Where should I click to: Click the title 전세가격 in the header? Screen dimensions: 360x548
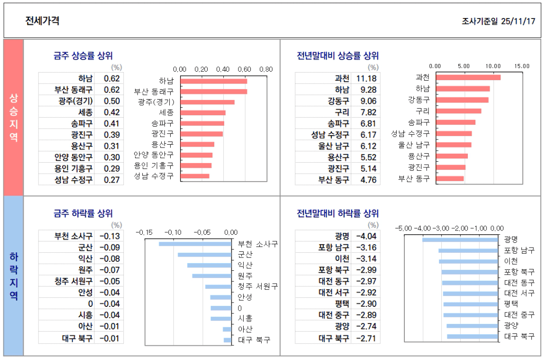click(x=42, y=21)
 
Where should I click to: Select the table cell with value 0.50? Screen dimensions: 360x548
click(x=112, y=101)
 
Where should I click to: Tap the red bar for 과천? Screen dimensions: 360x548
click(x=468, y=77)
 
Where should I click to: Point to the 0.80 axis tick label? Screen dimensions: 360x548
click(x=266, y=69)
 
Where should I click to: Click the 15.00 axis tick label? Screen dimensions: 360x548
click(x=521, y=66)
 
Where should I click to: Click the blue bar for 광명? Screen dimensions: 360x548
click(x=460, y=240)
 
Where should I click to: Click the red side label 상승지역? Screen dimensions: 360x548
click(x=13, y=117)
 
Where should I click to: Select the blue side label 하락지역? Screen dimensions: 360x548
click(x=13, y=276)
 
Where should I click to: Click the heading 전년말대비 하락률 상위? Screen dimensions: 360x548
click(x=338, y=214)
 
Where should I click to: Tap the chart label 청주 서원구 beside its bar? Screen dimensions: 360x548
click(x=257, y=286)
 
